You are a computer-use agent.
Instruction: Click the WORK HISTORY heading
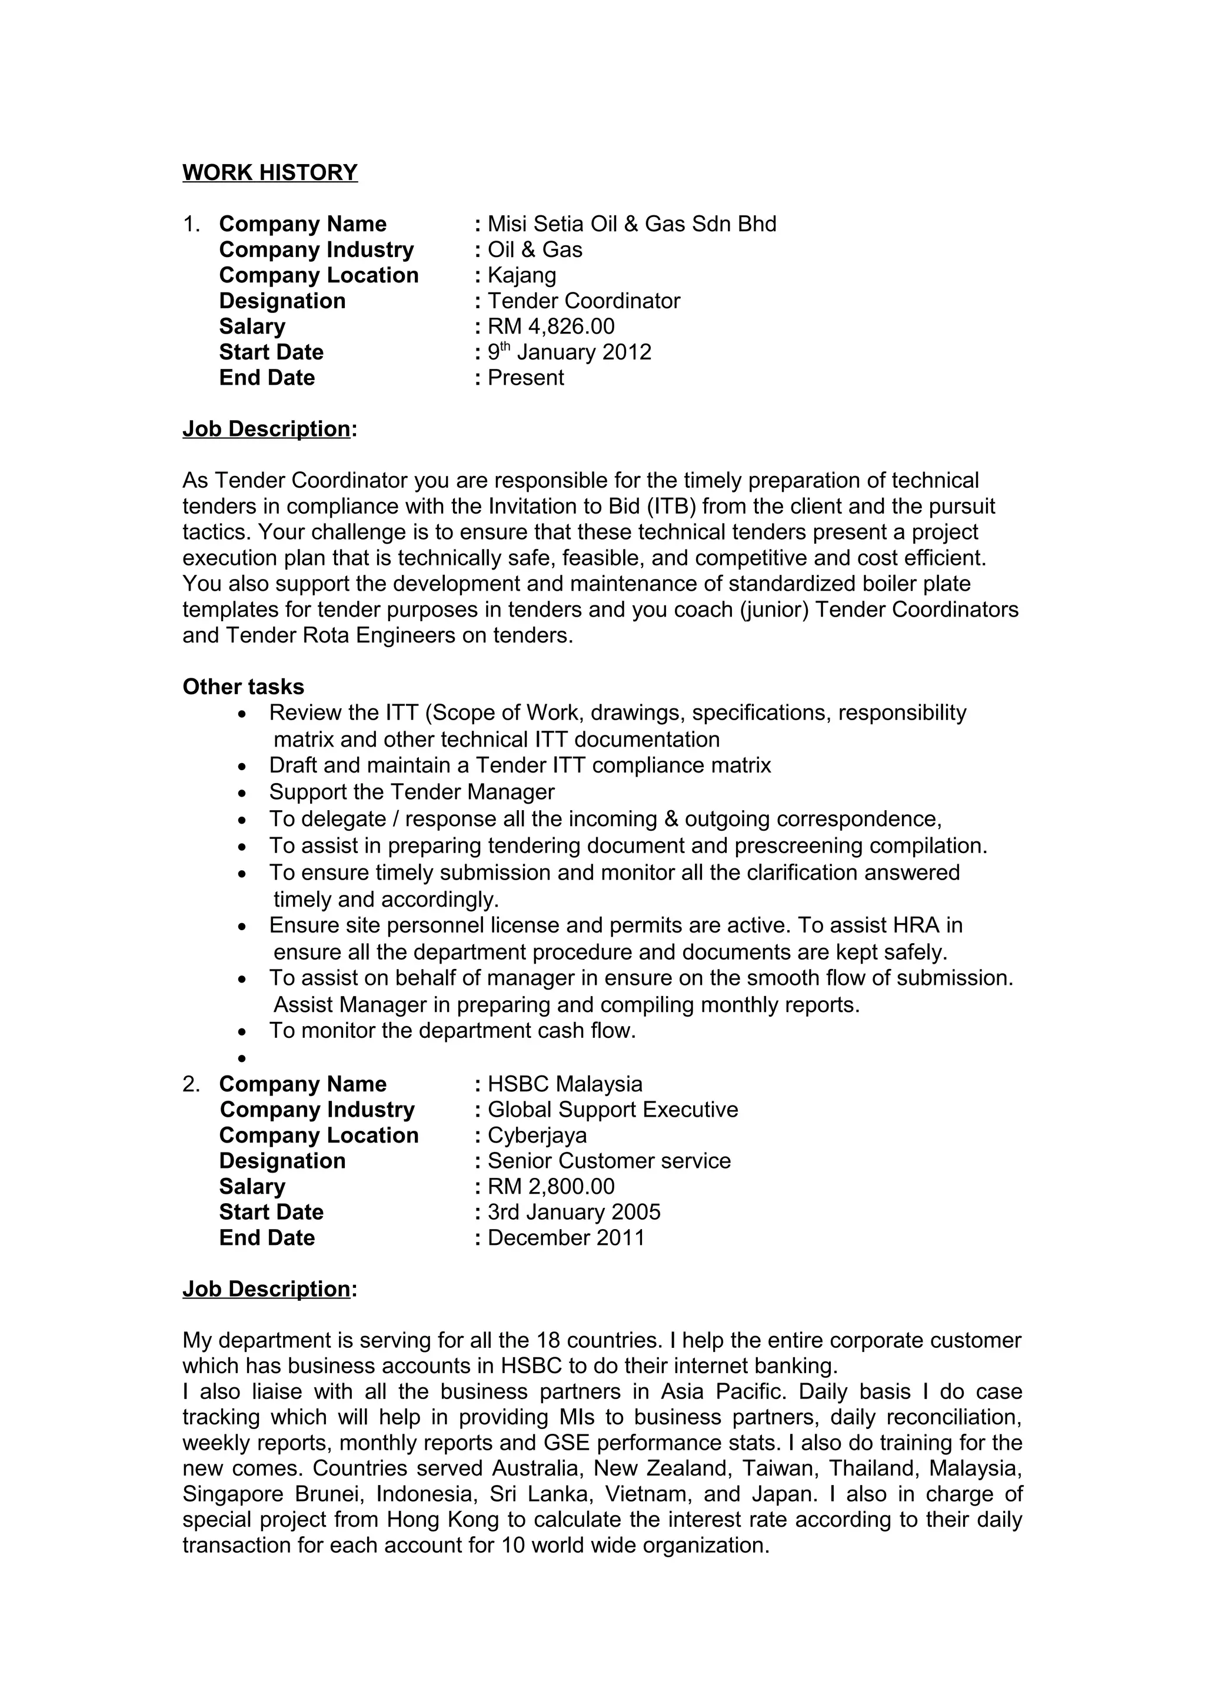pos(269,172)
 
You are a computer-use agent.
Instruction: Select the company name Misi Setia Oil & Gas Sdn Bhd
pos(631,224)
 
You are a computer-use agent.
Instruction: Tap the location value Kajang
pos(521,275)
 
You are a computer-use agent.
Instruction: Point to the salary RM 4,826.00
pos(551,326)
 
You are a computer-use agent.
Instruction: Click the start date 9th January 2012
pos(569,352)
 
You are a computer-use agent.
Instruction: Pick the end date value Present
pos(525,377)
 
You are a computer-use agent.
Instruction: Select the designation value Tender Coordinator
pos(584,301)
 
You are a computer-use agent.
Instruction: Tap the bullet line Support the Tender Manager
pos(411,792)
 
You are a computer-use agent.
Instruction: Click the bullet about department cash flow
pos(452,1030)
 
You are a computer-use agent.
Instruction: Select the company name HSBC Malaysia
pos(564,1084)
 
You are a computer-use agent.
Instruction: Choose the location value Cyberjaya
pos(537,1135)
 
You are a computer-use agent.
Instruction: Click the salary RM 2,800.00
pos(551,1186)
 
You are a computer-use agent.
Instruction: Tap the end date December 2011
pos(566,1237)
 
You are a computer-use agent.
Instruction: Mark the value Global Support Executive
pos(613,1110)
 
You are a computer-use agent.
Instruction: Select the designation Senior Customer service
pos(609,1161)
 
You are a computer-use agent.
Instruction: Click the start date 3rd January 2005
pos(573,1212)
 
